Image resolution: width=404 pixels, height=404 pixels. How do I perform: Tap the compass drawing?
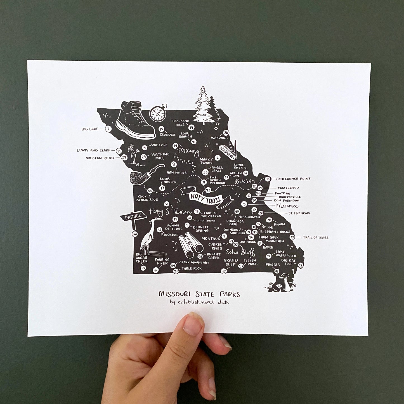[x=157, y=114]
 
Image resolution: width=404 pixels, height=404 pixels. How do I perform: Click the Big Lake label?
[x=90, y=129]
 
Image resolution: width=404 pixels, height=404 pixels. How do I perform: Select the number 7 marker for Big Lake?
[x=108, y=129]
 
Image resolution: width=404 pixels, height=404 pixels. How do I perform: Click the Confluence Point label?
[x=293, y=179]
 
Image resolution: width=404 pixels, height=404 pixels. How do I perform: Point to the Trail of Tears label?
[x=315, y=238]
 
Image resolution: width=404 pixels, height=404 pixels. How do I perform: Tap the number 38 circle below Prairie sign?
[x=135, y=234]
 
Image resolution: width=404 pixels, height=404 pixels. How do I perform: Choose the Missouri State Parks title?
[x=199, y=294]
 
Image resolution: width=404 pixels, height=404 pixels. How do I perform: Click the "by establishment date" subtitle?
[x=199, y=302]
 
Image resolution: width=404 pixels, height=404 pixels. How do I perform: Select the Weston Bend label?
[x=100, y=158]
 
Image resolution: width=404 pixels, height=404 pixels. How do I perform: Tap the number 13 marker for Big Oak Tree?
[x=301, y=265]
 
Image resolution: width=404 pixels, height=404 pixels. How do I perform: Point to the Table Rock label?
[x=192, y=269]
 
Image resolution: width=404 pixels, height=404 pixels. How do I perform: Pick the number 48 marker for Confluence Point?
[x=268, y=179]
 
